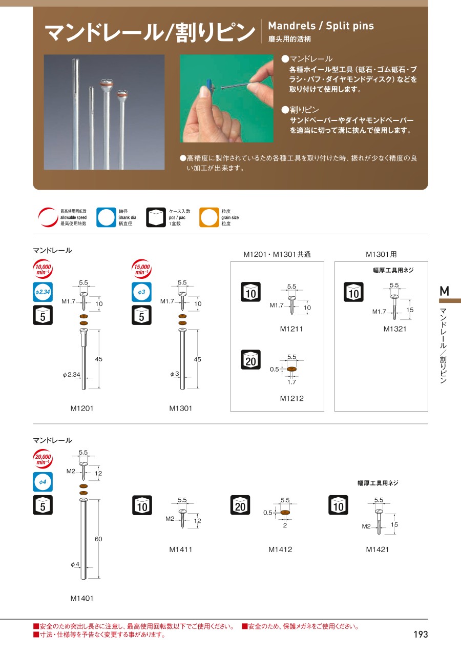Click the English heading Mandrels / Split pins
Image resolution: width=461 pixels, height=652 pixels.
(x=321, y=26)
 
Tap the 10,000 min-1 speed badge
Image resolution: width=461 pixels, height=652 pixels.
(x=43, y=269)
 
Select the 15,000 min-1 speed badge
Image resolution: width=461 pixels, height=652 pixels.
(x=142, y=269)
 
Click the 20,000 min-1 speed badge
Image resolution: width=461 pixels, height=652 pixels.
(x=43, y=459)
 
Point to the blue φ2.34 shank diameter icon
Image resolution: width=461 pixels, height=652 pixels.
(x=43, y=292)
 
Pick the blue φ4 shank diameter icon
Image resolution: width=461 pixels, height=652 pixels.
(x=43, y=482)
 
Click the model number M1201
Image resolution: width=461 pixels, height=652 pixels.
(x=82, y=409)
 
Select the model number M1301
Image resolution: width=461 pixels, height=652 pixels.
(x=181, y=409)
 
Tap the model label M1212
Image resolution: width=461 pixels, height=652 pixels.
(x=292, y=398)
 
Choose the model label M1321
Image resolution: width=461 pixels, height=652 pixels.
(x=395, y=329)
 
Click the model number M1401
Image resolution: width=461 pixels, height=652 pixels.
(x=82, y=599)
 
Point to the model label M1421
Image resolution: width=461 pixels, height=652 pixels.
(x=377, y=549)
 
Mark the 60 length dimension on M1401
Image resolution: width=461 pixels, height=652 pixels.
(x=98, y=539)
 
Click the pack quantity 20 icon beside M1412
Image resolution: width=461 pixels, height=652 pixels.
(x=240, y=505)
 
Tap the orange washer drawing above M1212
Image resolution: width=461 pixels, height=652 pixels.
(x=292, y=369)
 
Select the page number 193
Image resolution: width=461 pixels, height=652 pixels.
(x=421, y=635)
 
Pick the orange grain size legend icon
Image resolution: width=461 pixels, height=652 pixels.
(x=209, y=217)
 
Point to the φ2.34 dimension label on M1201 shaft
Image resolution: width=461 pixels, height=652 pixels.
(x=71, y=375)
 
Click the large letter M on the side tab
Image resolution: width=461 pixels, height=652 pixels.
(x=445, y=291)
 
